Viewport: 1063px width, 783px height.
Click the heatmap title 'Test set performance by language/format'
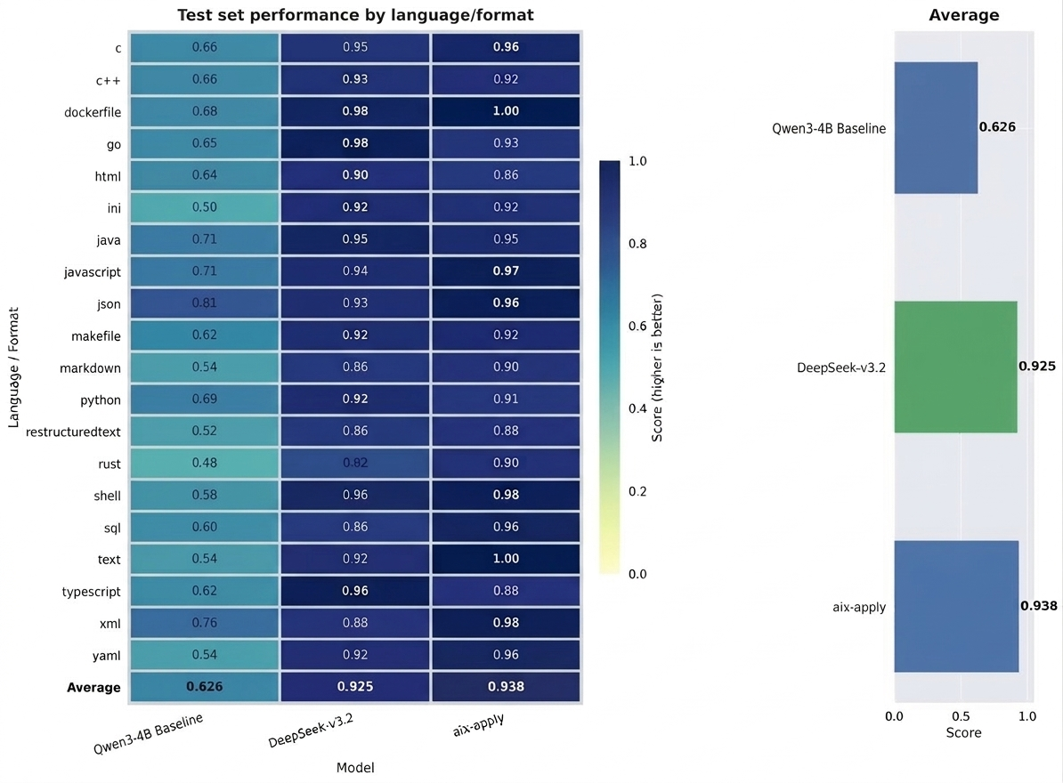[x=356, y=15]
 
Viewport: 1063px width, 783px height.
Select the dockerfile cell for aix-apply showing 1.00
[x=506, y=111]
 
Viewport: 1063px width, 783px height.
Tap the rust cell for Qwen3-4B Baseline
[x=205, y=464]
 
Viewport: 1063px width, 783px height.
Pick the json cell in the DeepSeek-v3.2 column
[x=355, y=303]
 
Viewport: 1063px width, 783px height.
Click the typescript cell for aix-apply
[x=506, y=592]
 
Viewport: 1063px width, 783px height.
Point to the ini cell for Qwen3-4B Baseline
[x=205, y=207]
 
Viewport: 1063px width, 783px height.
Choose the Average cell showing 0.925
[x=355, y=687]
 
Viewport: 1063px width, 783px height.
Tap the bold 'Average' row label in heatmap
[x=93, y=687]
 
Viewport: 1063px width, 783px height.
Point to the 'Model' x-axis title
[x=355, y=768]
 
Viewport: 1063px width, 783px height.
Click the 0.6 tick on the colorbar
[x=638, y=327]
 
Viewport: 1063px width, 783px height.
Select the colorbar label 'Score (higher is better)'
[x=659, y=367]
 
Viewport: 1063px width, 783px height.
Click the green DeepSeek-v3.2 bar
[x=955, y=367]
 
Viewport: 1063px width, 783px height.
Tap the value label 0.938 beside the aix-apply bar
[x=1039, y=606]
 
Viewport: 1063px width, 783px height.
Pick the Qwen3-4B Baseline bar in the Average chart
[x=936, y=127]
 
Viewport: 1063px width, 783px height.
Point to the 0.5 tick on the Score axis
[x=961, y=716]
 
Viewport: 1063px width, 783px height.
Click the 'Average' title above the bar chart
[x=963, y=15]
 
